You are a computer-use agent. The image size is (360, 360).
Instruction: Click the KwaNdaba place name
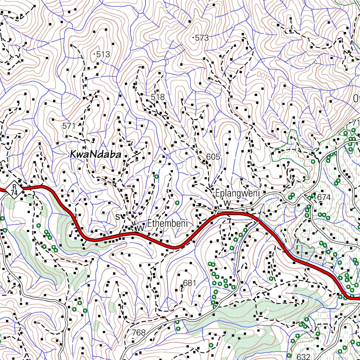point(95,154)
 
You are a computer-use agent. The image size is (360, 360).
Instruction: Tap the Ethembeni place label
point(168,223)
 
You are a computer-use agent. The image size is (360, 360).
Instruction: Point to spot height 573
point(201,38)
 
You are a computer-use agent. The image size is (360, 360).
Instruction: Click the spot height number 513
point(103,54)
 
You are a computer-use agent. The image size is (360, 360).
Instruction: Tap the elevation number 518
point(158,97)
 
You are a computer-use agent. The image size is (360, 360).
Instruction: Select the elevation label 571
point(69,125)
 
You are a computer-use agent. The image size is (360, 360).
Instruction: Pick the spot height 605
point(213,157)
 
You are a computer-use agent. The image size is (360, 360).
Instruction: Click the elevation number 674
point(324,198)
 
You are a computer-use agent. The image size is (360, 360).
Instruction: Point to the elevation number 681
point(189,283)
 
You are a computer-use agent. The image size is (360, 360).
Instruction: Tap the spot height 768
point(139,333)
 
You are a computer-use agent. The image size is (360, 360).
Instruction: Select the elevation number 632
point(303,356)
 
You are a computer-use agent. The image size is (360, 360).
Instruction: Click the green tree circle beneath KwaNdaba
point(156,176)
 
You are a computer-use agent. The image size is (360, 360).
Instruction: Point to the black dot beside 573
point(194,37)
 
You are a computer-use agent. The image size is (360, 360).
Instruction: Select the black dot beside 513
point(96,54)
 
